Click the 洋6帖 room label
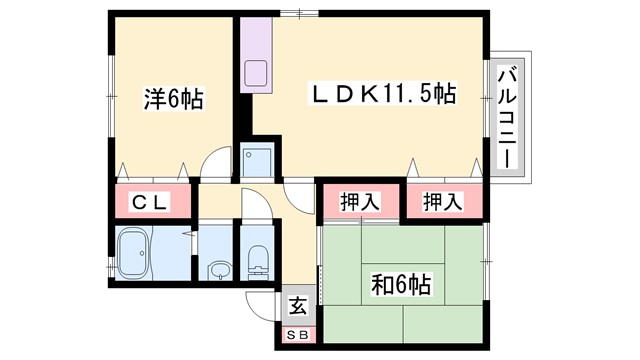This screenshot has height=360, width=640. point(173,100)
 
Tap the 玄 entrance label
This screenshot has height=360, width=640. point(298,307)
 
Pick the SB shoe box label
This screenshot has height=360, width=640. point(298,336)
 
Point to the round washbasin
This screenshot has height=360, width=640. point(218,269)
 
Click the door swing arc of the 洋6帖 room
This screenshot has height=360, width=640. point(214,166)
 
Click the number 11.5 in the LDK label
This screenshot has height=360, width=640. point(410,95)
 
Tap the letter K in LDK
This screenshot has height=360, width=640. point(365,95)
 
